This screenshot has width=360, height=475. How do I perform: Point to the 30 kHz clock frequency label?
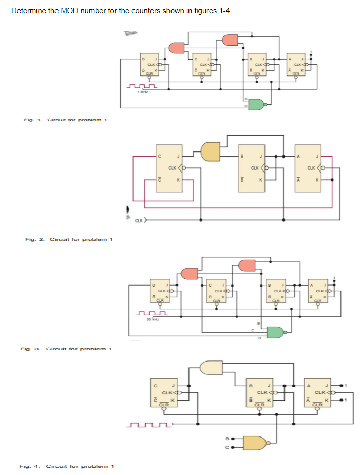(x=150, y=319)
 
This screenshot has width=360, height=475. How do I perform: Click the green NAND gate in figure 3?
(x=276, y=332)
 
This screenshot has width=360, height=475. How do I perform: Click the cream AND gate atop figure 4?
(x=212, y=367)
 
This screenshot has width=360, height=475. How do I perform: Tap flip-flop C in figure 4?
(x=164, y=393)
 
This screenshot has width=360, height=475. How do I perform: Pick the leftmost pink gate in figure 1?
(x=177, y=47)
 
